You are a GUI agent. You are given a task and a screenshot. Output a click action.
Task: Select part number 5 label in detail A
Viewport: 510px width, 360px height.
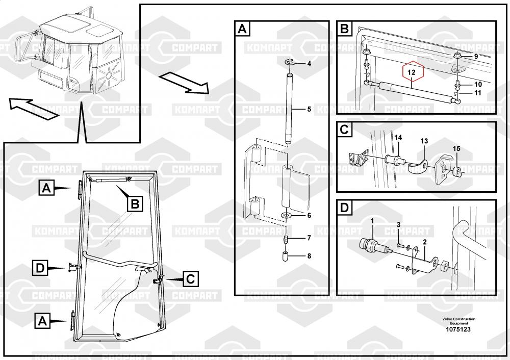(309, 109)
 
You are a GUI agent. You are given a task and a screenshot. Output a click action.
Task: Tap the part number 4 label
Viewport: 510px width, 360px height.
(309, 64)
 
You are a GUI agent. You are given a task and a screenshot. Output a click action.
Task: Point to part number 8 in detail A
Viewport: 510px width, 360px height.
(309, 256)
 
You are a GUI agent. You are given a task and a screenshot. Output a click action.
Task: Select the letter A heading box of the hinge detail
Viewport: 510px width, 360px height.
(242, 29)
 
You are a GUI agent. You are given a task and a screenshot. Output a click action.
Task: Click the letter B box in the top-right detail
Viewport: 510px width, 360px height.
(344, 29)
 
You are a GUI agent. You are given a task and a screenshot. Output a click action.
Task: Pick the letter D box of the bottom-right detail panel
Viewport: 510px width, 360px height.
(344, 208)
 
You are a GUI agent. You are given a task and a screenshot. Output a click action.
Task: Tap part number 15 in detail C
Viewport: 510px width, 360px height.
(456, 148)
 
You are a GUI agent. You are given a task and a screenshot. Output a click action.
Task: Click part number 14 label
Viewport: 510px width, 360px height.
(398, 137)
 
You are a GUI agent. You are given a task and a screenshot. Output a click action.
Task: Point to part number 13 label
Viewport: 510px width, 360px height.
(424, 141)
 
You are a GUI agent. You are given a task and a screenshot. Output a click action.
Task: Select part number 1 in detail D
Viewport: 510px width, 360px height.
(372, 220)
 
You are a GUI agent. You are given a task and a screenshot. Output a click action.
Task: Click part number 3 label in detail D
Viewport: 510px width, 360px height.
(399, 225)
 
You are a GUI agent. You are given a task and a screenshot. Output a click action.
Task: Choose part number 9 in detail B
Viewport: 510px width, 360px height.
(476, 56)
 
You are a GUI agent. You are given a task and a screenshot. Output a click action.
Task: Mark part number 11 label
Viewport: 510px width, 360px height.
(477, 93)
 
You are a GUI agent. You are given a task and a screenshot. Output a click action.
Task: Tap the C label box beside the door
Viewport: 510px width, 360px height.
(190, 279)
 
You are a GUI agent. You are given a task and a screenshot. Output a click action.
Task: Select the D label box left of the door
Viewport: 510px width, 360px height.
(40, 267)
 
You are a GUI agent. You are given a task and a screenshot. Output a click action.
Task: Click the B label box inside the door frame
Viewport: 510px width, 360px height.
(135, 204)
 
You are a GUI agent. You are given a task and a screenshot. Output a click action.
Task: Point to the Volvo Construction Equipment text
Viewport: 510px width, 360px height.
(458, 321)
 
